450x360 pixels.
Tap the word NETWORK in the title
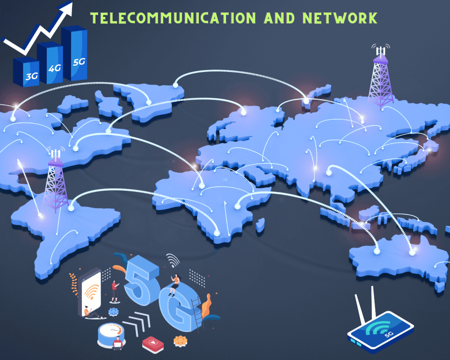(340, 18)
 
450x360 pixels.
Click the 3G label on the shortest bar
(31, 76)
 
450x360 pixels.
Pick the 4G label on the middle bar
(55, 68)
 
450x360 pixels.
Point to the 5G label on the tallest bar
(79, 61)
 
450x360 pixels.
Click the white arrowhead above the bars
(66, 8)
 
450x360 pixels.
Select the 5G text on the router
(387, 334)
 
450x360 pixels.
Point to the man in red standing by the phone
(115, 291)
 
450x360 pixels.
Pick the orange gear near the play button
(180, 341)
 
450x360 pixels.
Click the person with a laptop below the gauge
(118, 343)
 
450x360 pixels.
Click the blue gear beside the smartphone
(113, 311)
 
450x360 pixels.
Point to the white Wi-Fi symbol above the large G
(172, 260)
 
